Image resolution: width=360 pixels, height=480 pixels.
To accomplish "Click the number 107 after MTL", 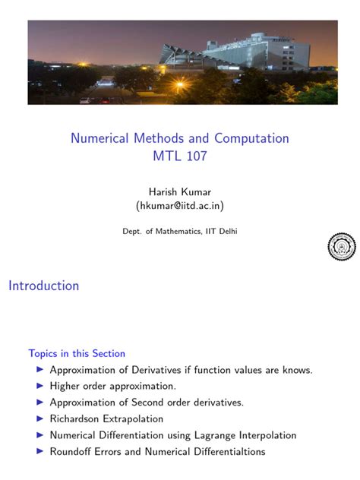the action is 194,156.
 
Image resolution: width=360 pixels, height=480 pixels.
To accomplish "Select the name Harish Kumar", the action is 179,191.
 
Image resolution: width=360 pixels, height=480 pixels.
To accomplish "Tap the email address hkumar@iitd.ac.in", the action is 179,205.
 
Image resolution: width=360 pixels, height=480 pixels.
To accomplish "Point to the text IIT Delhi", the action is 220,231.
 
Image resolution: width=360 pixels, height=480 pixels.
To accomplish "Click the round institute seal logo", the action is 341,246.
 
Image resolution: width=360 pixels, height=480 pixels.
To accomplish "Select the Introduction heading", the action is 44,286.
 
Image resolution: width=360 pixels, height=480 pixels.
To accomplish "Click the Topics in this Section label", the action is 77,353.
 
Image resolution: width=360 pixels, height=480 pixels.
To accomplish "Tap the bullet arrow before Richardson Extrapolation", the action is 39,418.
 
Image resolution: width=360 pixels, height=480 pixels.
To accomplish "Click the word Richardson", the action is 76,418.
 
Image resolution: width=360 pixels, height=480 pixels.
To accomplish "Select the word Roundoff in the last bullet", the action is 73,451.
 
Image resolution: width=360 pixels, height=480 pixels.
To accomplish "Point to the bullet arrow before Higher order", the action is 39,387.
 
